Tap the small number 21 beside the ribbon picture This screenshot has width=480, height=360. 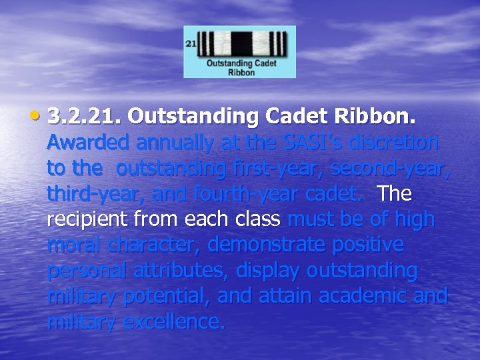(191, 43)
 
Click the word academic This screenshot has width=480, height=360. (364, 297)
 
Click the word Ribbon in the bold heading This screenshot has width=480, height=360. (381, 117)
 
